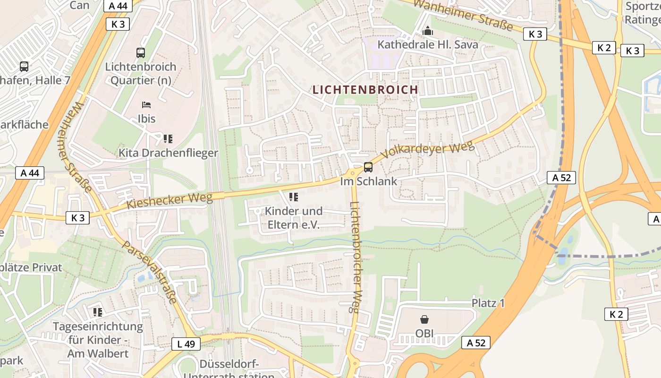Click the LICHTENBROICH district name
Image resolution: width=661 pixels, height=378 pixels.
(365, 90)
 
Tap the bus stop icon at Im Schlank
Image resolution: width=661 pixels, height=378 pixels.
(368, 167)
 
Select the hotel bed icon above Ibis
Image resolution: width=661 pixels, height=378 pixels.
(146, 104)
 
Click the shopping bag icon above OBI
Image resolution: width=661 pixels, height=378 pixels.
(424, 320)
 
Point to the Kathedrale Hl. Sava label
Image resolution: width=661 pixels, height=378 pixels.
(428, 45)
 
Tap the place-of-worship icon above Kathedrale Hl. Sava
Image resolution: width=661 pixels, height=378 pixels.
(428, 31)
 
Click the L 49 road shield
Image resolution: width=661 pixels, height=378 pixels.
(186, 344)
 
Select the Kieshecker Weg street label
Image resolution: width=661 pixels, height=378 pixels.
(170, 201)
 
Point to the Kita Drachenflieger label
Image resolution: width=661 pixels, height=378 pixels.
(168, 153)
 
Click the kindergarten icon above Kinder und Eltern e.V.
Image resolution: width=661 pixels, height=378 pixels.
(294, 197)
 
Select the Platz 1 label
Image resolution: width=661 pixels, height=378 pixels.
(488, 303)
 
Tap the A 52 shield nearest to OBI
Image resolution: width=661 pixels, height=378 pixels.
(475, 343)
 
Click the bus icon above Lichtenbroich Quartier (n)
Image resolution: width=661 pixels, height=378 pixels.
(141, 53)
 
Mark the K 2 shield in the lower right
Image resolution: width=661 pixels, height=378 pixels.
(616, 314)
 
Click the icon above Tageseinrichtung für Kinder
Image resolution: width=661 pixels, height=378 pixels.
(98, 312)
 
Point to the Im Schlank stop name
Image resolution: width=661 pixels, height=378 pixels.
(369, 181)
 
